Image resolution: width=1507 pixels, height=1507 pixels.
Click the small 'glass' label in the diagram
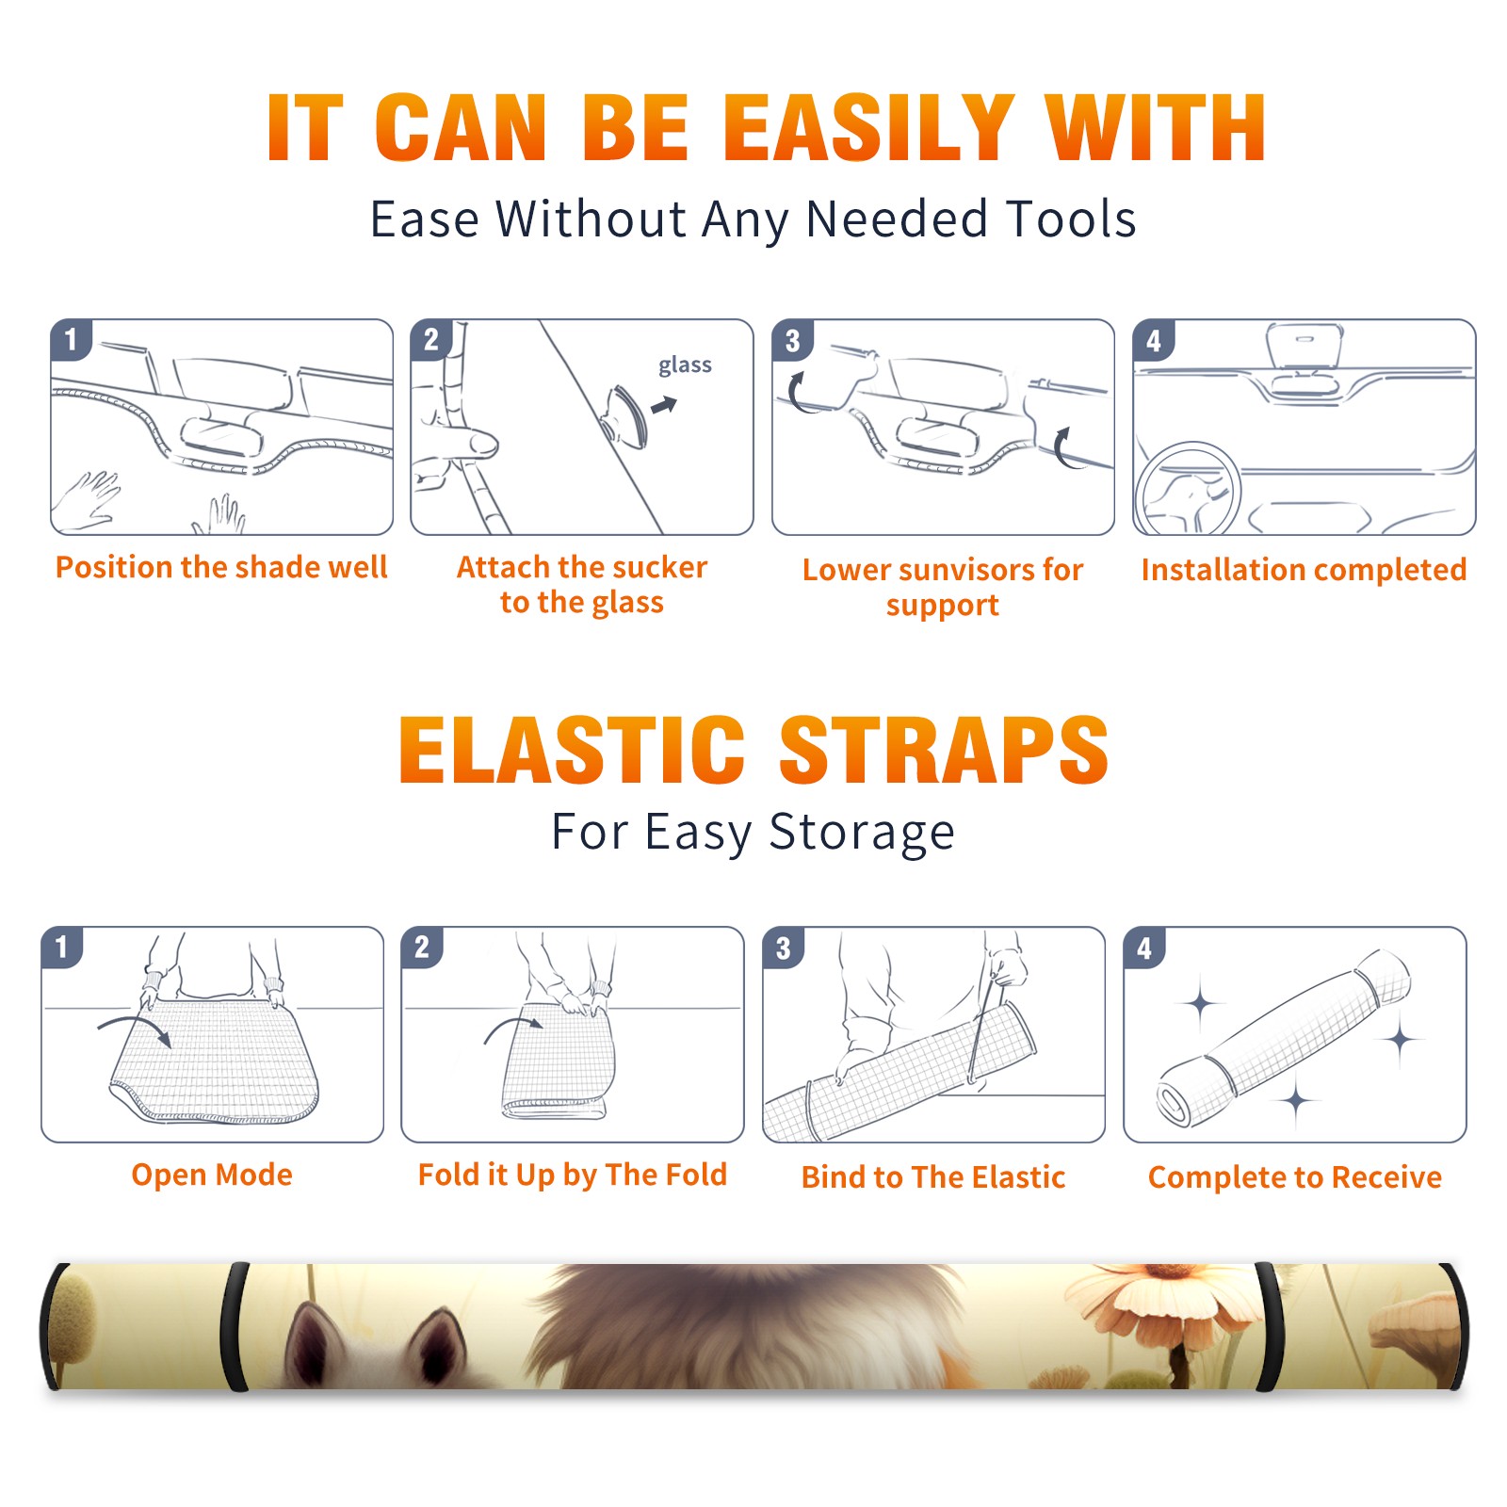point(685,365)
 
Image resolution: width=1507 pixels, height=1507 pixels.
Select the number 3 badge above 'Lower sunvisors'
point(792,341)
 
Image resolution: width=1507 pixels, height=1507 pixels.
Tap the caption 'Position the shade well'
point(221,567)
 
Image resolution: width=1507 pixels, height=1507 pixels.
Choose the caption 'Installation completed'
point(1304,569)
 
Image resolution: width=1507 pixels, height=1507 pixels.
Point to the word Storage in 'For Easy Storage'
point(862,833)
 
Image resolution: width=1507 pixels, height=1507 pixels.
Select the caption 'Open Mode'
point(212,1175)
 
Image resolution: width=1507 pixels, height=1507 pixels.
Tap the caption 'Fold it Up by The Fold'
point(573,1175)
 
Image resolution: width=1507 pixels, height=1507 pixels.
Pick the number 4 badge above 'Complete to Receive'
point(1144,948)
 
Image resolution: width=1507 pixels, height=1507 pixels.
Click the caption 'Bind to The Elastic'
point(933,1177)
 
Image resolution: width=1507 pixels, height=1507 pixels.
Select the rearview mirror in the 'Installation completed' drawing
point(1304,347)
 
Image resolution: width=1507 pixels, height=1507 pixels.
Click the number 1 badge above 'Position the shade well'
point(71,339)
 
